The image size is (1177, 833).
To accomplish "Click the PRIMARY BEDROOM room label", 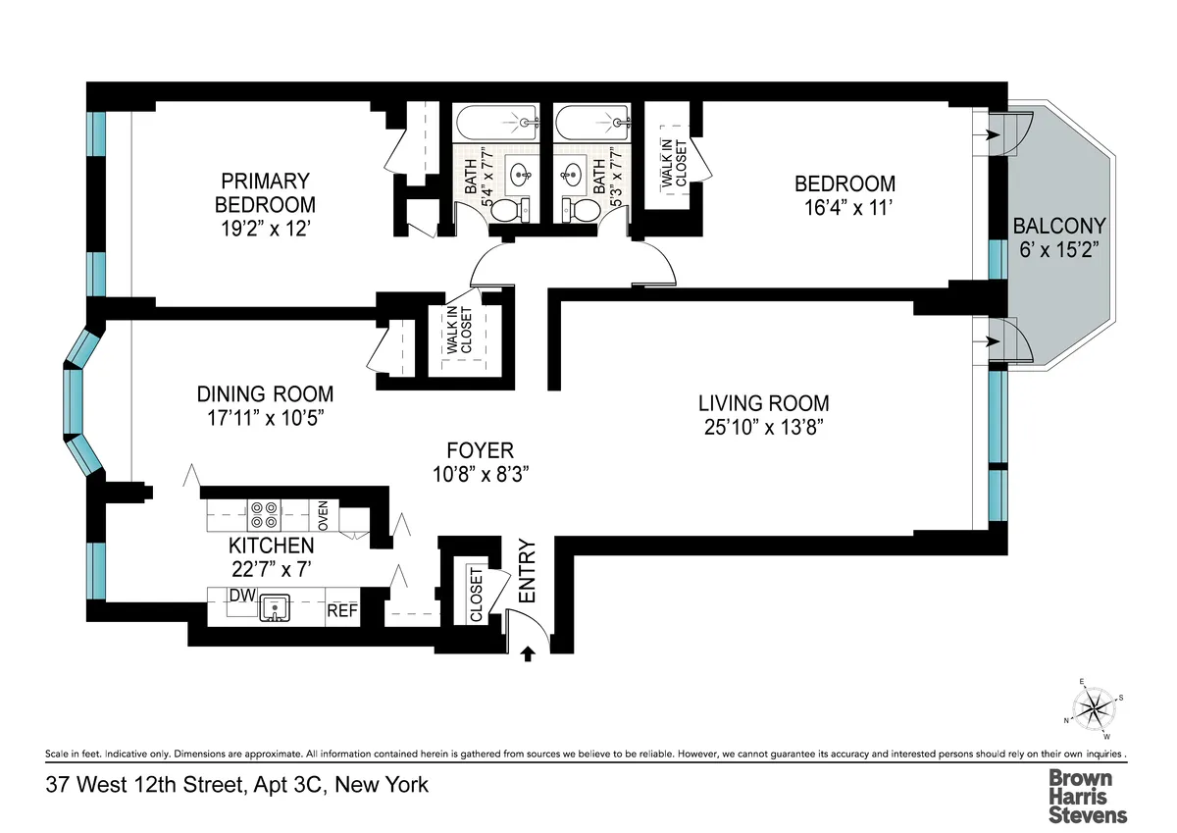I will pyautogui.click(x=265, y=181).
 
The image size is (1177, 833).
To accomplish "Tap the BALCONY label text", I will pyautogui.click(x=1059, y=226).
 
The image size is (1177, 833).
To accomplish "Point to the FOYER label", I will pyautogui.click(x=480, y=450).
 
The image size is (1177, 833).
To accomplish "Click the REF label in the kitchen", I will pyautogui.click(x=341, y=610).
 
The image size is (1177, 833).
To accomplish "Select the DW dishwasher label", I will pyautogui.click(x=241, y=596).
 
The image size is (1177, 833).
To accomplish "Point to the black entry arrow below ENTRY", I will pyautogui.click(x=530, y=652).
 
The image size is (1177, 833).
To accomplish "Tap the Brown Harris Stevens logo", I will pyautogui.click(x=1088, y=794).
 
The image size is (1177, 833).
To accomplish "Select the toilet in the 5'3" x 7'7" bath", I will pyautogui.click(x=582, y=210).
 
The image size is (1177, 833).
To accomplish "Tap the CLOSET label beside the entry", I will pyautogui.click(x=476, y=595).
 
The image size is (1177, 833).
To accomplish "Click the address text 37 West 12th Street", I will pyautogui.click(x=235, y=785).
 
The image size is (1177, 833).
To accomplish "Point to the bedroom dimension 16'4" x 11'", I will pyautogui.click(x=844, y=207).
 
